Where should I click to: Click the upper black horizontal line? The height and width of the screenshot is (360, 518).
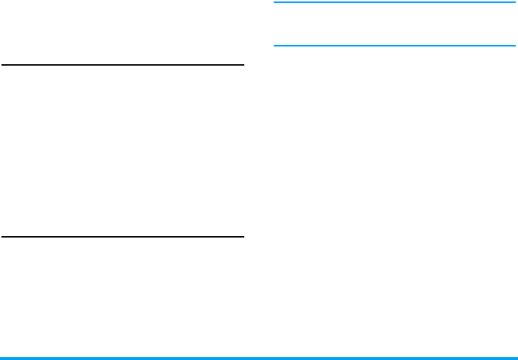pyautogui.click(x=122, y=65)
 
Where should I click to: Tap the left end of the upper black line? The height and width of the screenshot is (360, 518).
pyautogui.click(x=3, y=65)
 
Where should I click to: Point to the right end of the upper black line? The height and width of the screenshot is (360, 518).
pyautogui.click(x=243, y=65)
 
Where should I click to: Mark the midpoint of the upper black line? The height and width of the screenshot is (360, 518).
pyautogui.click(x=122, y=65)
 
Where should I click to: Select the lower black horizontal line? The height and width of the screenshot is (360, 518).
pyautogui.click(x=122, y=237)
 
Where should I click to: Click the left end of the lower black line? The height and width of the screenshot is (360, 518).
pyautogui.click(x=3, y=237)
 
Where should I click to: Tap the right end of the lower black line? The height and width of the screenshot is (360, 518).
pyautogui.click(x=243, y=237)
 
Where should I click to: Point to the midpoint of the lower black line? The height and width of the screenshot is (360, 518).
pyautogui.click(x=122, y=237)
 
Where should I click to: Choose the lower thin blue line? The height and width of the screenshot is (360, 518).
pyautogui.click(x=395, y=46)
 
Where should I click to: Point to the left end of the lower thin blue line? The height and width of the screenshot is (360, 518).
pyautogui.click(x=275, y=46)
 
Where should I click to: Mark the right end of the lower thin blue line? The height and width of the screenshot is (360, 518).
pyautogui.click(x=515, y=46)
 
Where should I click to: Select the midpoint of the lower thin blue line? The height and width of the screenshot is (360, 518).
pyautogui.click(x=395, y=46)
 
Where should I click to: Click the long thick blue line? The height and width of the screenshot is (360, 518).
pyautogui.click(x=259, y=358)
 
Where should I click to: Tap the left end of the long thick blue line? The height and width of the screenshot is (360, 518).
pyautogui.click(x=1, y=358)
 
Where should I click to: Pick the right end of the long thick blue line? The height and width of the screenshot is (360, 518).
pyautogui.click(x=517, y=358)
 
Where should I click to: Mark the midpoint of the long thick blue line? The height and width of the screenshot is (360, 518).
pyautogui.click(x=259, y=358)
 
